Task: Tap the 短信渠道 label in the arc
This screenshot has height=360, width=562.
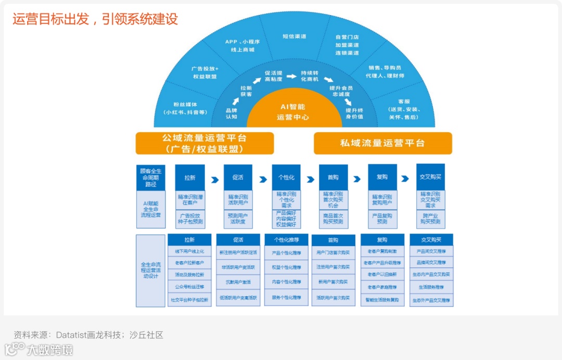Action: coord(294,36)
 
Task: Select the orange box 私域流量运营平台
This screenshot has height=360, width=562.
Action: coord(382,143)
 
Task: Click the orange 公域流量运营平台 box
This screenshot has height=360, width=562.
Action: coord(205,143)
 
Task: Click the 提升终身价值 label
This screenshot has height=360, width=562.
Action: coord(354,113)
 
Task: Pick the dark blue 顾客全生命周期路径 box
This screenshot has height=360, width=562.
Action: coord(151,177)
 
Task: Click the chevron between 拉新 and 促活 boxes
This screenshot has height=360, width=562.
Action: coord(214,179)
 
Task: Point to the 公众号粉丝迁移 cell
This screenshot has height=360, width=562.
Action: coord(189,287)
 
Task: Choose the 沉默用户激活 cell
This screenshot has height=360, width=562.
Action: coord(238,282)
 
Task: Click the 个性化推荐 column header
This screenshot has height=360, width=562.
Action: coord(286,240)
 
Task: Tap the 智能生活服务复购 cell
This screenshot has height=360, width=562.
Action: coord(382,300)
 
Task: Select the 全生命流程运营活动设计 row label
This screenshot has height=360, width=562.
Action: coord(151,271)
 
